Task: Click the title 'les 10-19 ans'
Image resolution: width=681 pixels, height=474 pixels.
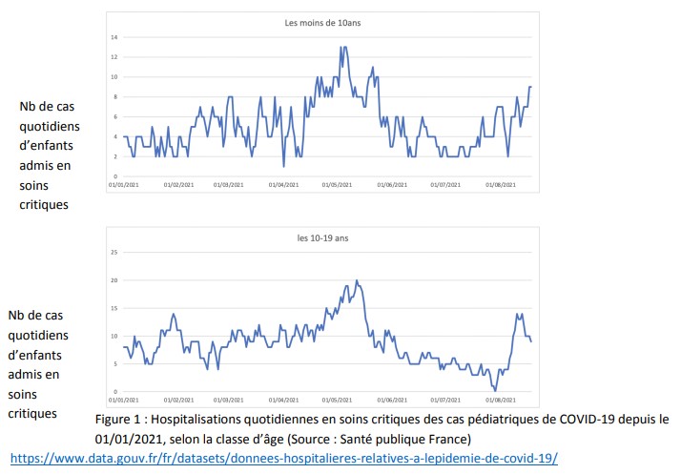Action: (x=320, y=237)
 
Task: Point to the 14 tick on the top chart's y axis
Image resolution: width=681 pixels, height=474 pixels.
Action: (x=113, y=37)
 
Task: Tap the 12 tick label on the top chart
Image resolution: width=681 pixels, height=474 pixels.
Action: (x=113, y=57)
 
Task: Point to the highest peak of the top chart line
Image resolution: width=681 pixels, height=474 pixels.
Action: (x=341, y=47)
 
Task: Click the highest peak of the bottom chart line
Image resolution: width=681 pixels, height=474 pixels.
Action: (x=356, y=280)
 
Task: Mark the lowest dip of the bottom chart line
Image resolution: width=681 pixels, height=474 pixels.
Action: (x=494, y=390)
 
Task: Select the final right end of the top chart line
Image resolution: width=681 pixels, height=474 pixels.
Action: (x=530, y=87)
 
